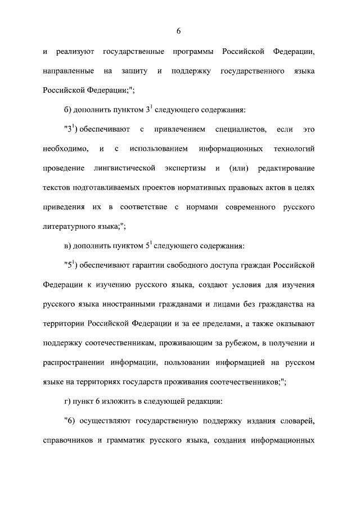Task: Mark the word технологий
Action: tap(292, 149)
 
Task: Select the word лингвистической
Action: tap(124, 169)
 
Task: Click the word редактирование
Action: tap(286, 169)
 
